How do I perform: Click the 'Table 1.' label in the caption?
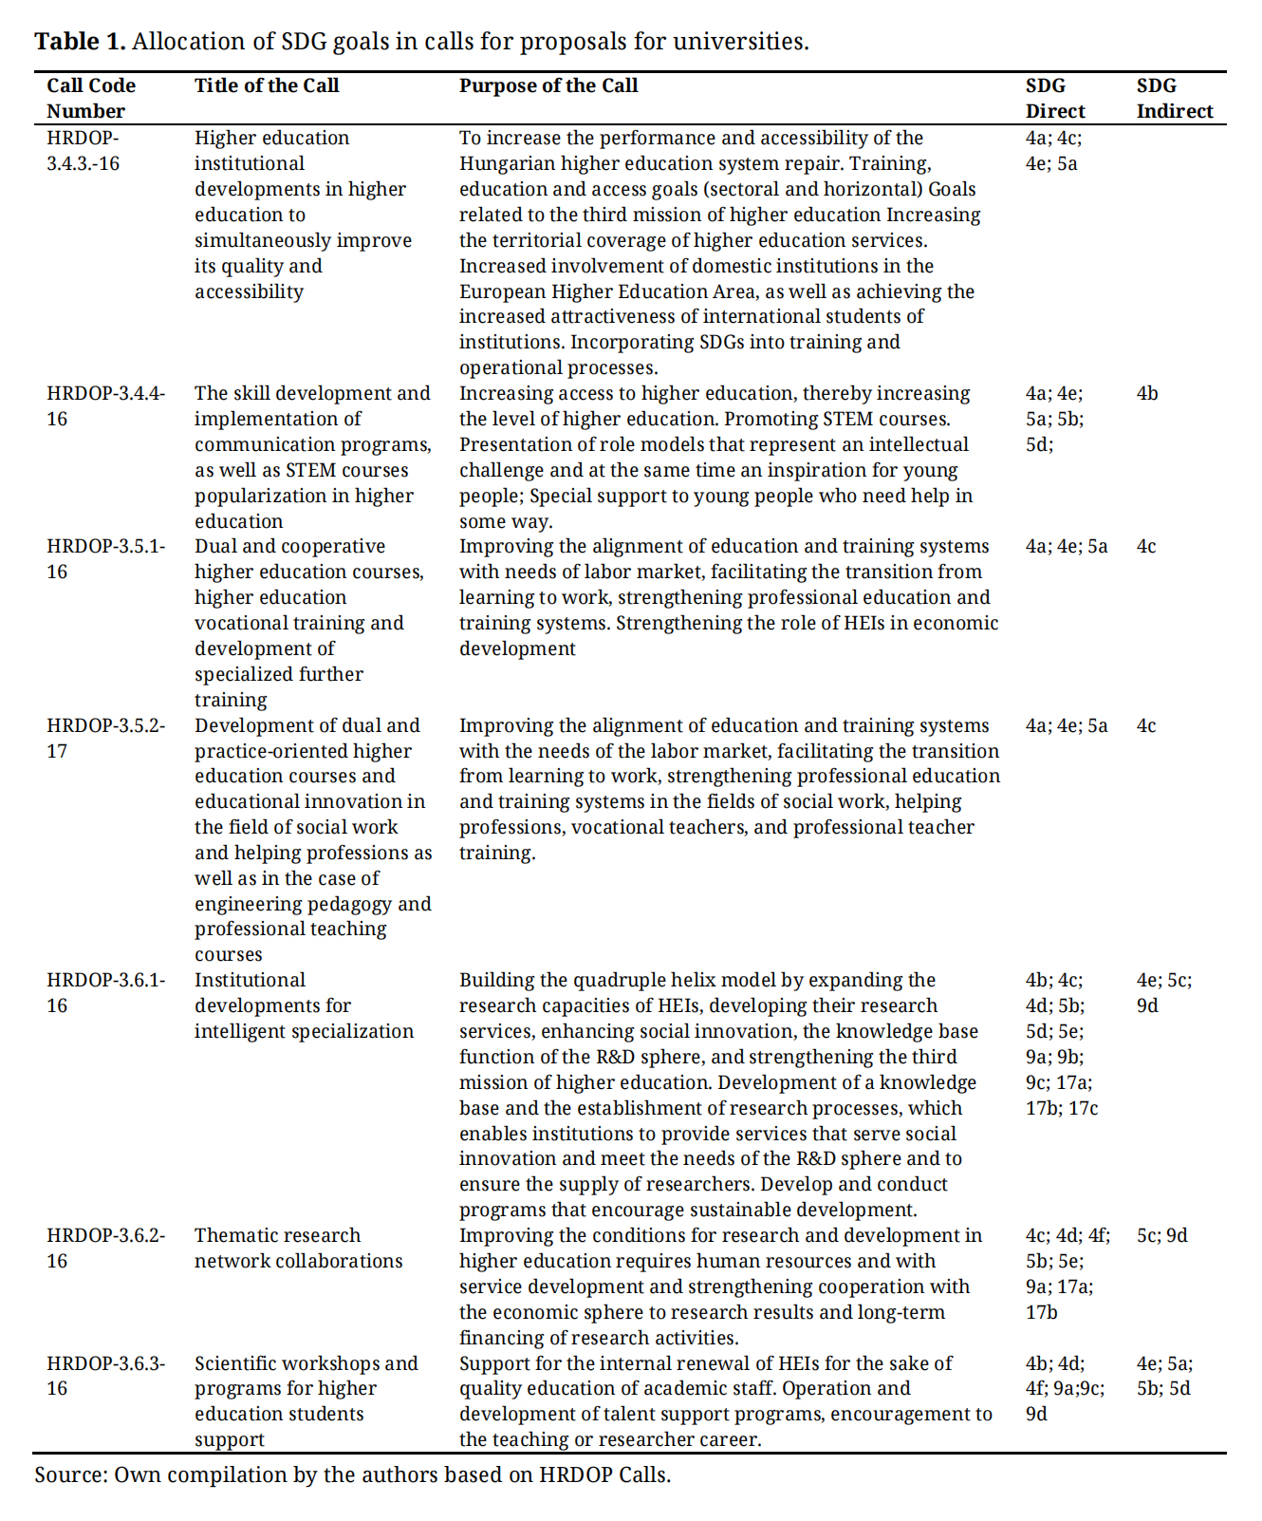click(x=80, y=42)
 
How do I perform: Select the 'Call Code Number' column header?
click(x=91, y=98)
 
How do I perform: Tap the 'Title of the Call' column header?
click(x=267, y=85)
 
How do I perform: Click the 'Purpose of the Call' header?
click(x=548, y=85)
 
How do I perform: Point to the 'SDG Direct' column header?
click(x=1054, y=98)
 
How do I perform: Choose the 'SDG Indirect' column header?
click(x=1174, y=98)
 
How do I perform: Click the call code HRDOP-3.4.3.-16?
click(x=84, y=150)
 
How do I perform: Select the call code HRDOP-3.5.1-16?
click(x=105, y=558)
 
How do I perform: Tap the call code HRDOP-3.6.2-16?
click(x=105, y=1248)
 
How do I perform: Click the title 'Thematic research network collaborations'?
click(x=298, y=1248)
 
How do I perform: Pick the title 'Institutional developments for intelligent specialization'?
click(x=304, y=1005)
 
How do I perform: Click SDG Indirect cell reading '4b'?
click(x=1147, y=393)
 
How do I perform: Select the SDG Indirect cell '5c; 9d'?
click(x=1161, y=1235)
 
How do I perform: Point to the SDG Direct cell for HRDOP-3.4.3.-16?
click(x=1053, y=150)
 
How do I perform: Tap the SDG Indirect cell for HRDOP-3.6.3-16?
click(x=1164, y=1376)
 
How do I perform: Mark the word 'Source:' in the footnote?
click(x=71, y=1474)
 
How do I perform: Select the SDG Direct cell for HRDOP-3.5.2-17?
click(x=1066, y=725)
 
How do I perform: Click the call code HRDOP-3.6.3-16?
click(x=105, y=1376)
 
